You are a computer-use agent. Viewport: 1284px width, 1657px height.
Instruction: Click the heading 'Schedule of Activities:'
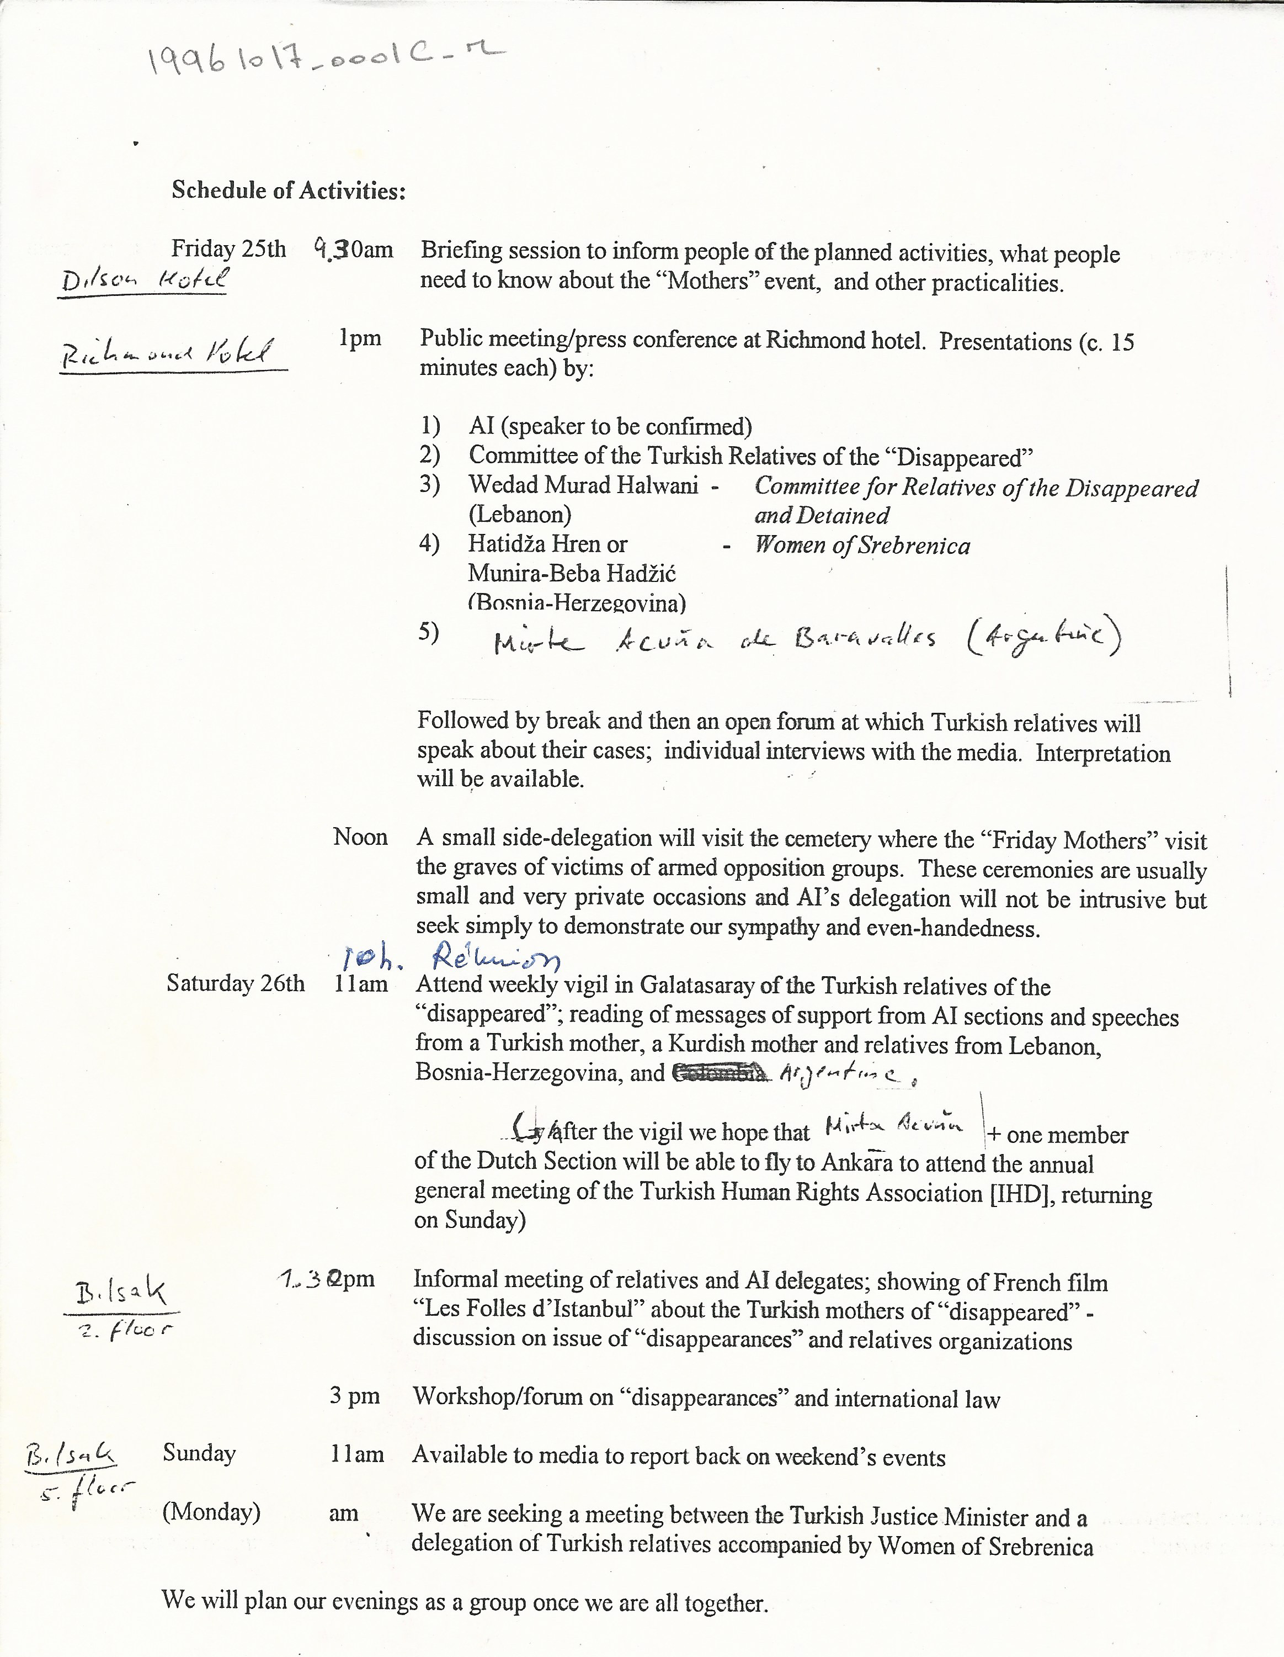[x=288, y=190]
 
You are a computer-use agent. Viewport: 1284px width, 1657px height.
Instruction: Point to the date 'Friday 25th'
[x=228, y=249]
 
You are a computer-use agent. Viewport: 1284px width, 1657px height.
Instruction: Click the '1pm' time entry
[x=360, y=338]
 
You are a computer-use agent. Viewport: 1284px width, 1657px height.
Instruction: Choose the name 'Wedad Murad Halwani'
[x=583, y=485]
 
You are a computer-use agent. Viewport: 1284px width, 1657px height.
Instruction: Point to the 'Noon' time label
[x=360, y=837]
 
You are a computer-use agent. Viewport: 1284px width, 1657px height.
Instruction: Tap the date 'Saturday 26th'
[x=235, y=983]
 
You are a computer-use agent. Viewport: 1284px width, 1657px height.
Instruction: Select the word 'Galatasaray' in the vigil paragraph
[x=699, y=986]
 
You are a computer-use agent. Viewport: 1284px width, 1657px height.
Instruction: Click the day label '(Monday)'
[x=211, y=1512]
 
